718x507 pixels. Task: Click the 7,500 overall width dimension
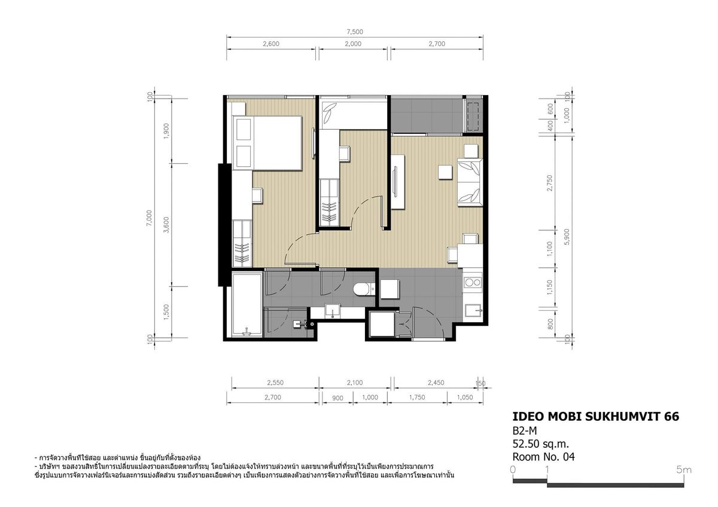click(x=354, y=32)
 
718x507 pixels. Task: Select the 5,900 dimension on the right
click(x=567, y=237)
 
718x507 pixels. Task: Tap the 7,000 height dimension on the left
click(x=149, y=218)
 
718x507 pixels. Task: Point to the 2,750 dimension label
click(x=550, y=183)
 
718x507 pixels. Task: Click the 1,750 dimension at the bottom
click(x=417, y=397)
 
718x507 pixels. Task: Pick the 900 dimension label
click(x=337, y=398)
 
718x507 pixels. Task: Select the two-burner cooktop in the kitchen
click(x=473, y=282)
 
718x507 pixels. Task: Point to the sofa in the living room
click(x=470, y=182)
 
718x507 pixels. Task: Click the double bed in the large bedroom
click(x=267, y=143)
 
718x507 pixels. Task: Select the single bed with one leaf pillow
click(x=353, y=115)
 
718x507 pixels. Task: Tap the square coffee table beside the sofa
click(x=445, y=172)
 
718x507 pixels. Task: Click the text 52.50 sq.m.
click(x=541, y=444)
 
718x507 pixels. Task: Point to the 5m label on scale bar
click(x=684, y=470)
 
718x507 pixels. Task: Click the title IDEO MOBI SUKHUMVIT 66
click(x=595, y=416)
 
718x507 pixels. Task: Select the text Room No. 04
click(x=544, y=457)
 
